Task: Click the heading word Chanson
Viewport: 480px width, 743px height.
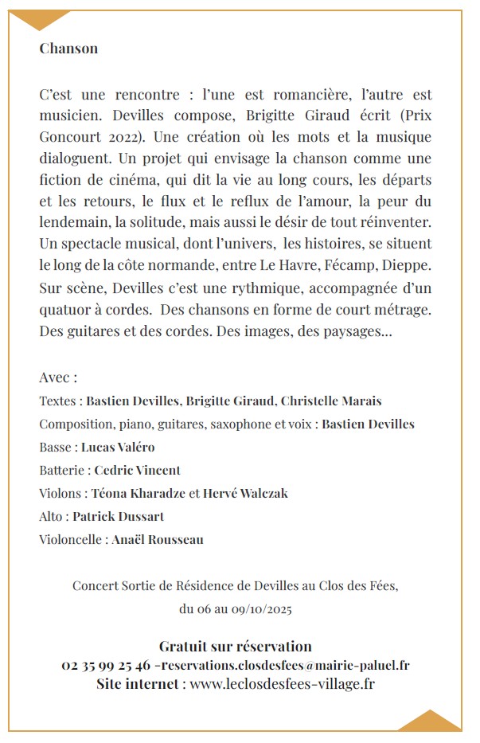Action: tap(68, 49)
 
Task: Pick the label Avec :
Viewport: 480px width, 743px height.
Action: tap(58, 377)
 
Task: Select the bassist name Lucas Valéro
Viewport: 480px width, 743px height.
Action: tap(118, 447)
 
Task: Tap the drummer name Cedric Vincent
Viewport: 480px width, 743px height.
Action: tap(138, 470)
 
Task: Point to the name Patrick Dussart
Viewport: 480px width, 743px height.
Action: tap(119, 516)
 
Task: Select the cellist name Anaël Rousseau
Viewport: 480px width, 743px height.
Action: tap(158, 539)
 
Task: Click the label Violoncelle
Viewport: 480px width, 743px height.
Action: tap(72, 539)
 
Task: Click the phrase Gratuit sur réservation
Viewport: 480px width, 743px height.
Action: tap(236, 646)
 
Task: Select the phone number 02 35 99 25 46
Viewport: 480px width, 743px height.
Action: tap(106, 665)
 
